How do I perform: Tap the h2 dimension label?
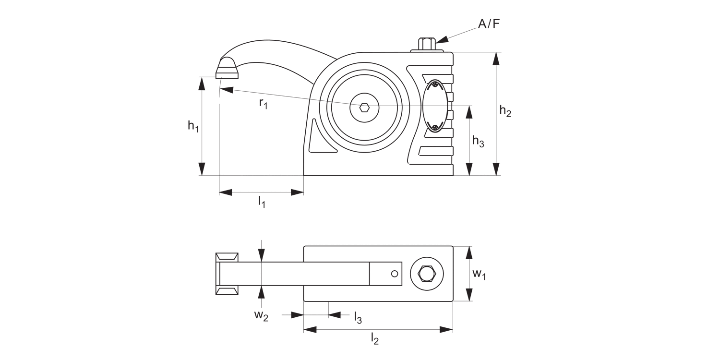(x=505, y=111)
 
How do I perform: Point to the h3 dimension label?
(x=478, y=141)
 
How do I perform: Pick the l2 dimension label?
(x=375, y=339)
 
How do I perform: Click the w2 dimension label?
(x=261, y=315)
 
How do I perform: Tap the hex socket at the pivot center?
(x=364, y=107)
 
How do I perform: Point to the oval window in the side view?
(x=435, y=106)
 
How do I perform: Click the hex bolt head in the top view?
(x=426, y=274)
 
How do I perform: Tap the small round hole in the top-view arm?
(x=395, y=274)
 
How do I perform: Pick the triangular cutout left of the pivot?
(x=319, y=139)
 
